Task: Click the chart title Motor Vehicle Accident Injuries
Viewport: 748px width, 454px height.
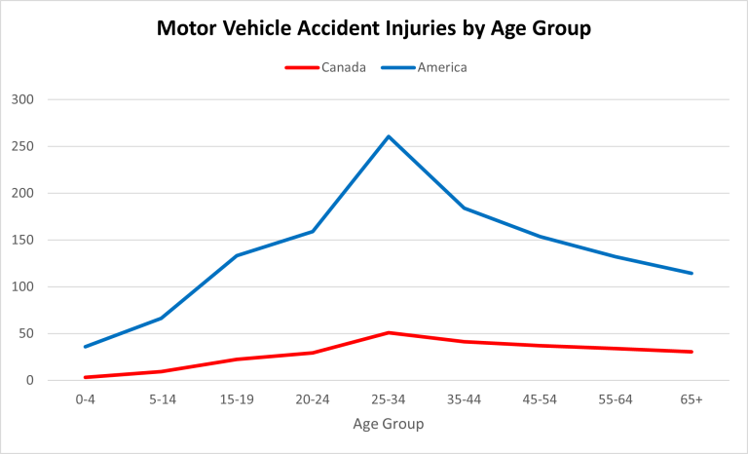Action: click(374, 28)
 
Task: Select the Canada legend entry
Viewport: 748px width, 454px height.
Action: click(344, 67)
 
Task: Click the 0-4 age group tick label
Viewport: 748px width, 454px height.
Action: click(86, 399)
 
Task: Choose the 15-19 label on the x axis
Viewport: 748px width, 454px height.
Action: click(237, 399)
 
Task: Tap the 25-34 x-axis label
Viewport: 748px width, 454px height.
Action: click(389, 399)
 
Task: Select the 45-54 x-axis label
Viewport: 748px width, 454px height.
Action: click(540, 399)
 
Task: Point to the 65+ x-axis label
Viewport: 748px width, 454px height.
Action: click(692, 399)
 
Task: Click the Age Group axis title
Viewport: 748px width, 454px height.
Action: click(389, 425)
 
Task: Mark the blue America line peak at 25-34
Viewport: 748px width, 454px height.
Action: click(389, 136)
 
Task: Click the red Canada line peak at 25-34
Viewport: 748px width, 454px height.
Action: click(389, 332)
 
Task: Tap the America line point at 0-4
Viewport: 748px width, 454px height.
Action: click(86, 347)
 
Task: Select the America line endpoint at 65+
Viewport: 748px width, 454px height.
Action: click(692, 273)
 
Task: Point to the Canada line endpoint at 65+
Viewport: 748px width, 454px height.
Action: click(692, 352)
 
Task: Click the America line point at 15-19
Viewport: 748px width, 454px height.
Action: click(237, 255)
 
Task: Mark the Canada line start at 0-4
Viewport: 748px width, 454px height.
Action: click(86, 377)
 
